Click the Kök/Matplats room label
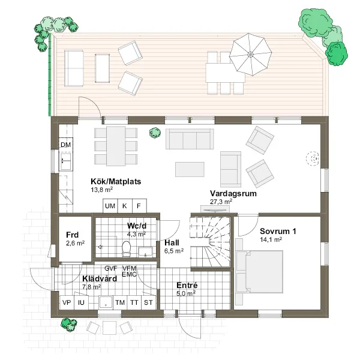116,181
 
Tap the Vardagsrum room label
233,194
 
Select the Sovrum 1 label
278,231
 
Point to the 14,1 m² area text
271,239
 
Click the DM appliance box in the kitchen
66,145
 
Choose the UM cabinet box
110,206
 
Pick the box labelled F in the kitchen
139,206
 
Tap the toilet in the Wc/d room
126,248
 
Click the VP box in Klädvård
67,302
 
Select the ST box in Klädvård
148,302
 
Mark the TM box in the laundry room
120,302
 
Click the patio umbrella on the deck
250,55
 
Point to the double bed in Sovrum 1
259,272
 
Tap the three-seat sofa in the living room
190,139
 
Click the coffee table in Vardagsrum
190,169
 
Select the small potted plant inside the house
155,133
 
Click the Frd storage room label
73,235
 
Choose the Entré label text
187,285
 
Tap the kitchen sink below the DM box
66,161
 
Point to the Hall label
172,242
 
